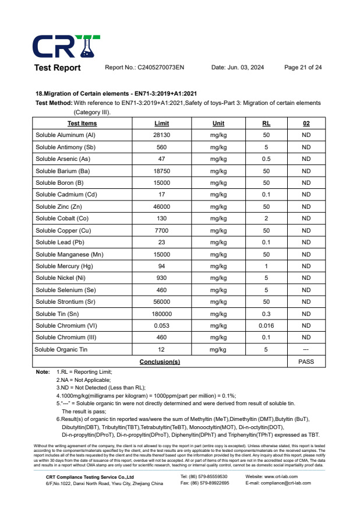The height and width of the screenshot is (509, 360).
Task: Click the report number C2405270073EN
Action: (144, 68)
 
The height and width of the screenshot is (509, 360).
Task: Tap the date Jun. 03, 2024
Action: (238, 68)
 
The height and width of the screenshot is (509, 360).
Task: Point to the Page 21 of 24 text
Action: (303, 68)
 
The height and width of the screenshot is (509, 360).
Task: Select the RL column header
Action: (266, 124)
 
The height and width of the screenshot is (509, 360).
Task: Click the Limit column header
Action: (162, 124)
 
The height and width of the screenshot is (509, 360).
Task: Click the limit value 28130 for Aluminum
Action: (162, 135)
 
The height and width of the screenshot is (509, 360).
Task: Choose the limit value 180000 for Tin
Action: (162, 314)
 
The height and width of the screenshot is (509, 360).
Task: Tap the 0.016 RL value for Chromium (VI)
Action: (266, 325)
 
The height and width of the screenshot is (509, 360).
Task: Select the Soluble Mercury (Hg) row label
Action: (65, 266)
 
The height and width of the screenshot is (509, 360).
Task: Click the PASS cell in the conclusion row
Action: (306, 361)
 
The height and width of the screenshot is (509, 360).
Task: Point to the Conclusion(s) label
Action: (160, 361)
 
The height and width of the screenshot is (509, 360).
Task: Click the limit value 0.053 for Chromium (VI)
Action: (162, 325)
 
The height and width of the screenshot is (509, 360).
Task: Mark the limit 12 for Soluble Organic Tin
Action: (162, 349)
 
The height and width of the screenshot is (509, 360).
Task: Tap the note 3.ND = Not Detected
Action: (101, 387)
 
